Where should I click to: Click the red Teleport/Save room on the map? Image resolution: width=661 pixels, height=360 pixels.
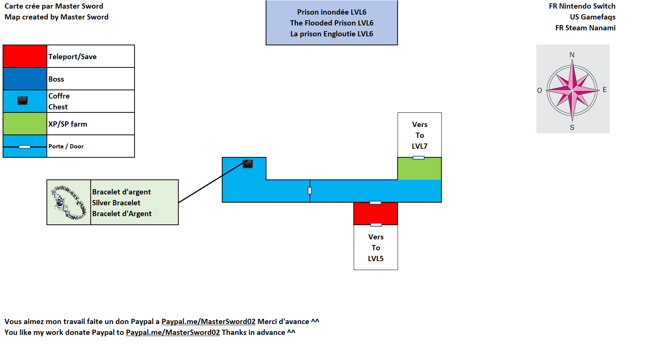[x=375, y=214]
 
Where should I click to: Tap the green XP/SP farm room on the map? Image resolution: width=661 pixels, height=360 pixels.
[x=419, y=169]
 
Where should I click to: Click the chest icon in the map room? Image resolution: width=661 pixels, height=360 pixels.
[x=248, y=164]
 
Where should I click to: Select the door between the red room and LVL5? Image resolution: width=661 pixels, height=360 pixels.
[x=376, y=225]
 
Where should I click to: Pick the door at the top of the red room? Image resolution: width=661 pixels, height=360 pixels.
[x=375, y=203]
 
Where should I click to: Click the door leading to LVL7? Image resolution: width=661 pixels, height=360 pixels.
[x=419, y=158]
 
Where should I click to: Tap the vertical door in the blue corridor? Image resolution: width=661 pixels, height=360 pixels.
[x=310, y=191]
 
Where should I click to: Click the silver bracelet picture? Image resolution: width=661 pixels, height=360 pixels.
[x=69, y=202]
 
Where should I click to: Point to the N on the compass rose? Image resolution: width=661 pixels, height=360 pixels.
[x=572, y=55]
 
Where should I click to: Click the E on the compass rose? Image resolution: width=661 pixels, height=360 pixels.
[x=604, y=90]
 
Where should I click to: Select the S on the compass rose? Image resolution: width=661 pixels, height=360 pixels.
[x=572, y=127]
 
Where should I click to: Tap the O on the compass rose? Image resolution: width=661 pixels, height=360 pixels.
[x=540, y=90]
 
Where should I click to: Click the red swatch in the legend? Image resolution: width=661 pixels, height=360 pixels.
[x=25, y=56]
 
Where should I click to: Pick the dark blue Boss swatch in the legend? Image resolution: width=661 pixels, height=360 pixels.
[x=25, y=79]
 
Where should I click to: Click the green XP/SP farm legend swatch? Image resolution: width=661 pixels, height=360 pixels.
[x=25, y=124]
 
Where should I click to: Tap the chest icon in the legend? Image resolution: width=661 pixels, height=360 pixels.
[x=22, y=101]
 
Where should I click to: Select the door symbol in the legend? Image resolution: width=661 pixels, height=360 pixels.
[x=25, y=147]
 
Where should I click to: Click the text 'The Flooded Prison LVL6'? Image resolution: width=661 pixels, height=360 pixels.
[x=332, y=23]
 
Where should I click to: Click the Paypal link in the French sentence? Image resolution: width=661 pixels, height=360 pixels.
[x=208, y=321]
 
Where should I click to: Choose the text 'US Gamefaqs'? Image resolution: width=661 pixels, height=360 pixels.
[x=592, y=17]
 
